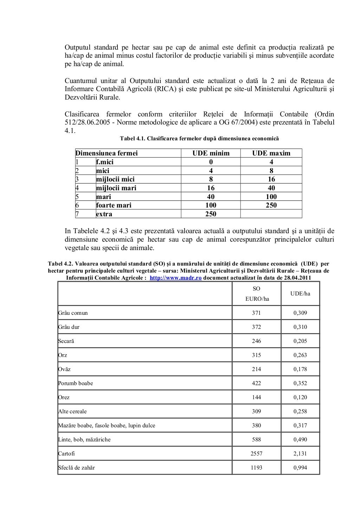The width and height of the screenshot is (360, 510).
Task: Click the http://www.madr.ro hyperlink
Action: click(175, 278)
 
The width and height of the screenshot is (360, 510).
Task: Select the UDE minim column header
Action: click(211, 153)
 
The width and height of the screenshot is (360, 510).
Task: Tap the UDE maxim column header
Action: click(271, 153)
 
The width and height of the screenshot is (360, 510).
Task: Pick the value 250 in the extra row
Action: click(211, 214)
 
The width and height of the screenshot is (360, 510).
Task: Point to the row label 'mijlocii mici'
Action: click(115, 179)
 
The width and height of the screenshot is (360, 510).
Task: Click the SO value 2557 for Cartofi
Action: click(256, 453)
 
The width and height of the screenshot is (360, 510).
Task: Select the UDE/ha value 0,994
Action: click(300, 467)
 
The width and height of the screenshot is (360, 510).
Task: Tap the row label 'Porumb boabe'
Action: click(76, 383)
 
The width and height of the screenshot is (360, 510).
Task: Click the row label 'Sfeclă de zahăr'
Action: click(76, 467)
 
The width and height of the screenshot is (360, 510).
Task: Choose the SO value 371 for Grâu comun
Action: click(256, 313)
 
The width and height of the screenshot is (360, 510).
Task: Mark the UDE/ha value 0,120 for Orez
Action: click(300, 397)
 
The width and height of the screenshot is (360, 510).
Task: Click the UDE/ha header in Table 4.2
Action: click(300, 294)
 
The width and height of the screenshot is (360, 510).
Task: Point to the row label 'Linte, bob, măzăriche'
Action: click(84, 439)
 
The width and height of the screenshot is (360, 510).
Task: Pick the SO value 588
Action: click(256, 439)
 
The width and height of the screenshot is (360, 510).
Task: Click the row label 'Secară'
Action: click(66, 341)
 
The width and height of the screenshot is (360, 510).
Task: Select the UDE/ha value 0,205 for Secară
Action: click(300, 341)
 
